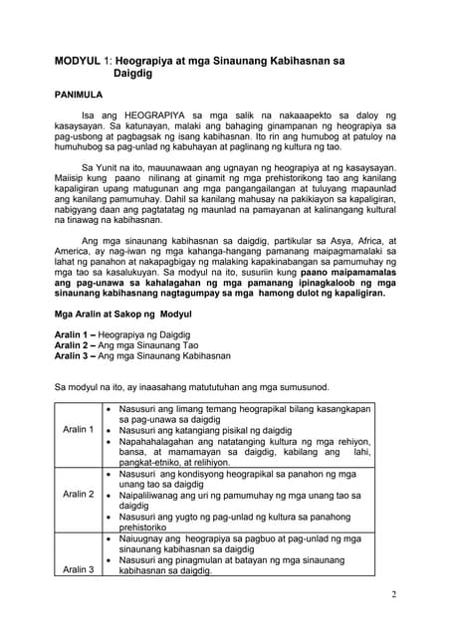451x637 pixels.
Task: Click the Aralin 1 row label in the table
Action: (x=78, y=429)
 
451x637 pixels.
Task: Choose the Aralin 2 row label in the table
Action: (x=78, y=494)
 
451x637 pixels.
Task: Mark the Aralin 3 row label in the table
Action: (x=78, y=569)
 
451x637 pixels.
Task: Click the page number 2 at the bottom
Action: (x=394, y=594)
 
